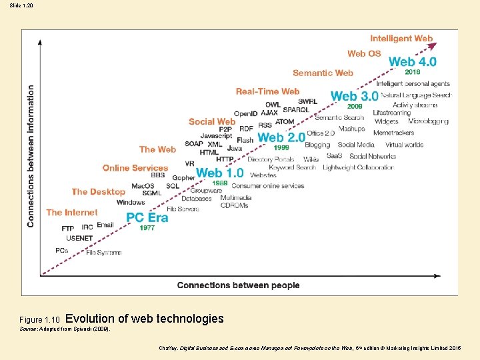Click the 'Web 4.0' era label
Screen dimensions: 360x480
tap(413, 61)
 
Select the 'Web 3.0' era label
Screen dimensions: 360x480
tap(355, 96)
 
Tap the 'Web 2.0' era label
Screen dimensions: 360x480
tap(281, 137)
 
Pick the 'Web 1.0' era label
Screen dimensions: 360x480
tap(219, 173)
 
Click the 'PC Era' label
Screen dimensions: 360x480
tap(147, 217)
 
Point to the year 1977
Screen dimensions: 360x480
tap(147, 228)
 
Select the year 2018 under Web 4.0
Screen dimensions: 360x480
tap(412, 72)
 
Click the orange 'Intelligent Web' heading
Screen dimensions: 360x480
tap(401, 39)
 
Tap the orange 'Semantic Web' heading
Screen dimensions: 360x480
tap(323, 73)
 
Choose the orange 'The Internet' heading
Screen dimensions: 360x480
tap(72, 212)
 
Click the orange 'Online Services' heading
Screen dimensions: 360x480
tap(135, 167)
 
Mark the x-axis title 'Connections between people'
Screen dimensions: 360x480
tap(238, 285)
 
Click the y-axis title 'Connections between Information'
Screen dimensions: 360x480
tap(31, 155)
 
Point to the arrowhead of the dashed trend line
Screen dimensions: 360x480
tap(435, 45)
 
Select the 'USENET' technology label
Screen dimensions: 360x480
tap(79, 237)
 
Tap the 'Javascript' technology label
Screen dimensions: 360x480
tap(216, 136)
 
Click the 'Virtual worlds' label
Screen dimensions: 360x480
tap(404, 145)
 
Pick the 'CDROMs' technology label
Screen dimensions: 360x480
tap(234, 205)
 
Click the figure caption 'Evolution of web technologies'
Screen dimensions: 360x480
tap(145, 319)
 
